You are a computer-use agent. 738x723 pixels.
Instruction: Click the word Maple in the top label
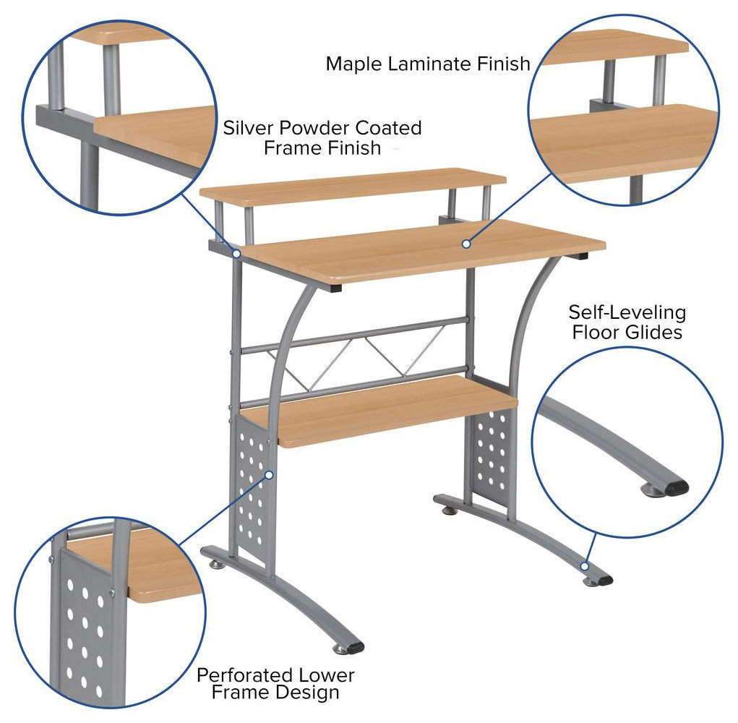pos(354,64)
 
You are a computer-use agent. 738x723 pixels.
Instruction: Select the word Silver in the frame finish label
pos(250,129)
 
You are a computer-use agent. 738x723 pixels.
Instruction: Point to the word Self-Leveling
pos(627,313)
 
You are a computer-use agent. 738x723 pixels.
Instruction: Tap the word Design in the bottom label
pos(310,693)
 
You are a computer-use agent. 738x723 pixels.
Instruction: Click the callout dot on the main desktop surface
pos(466,244)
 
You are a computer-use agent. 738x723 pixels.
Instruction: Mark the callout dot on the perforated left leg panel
pos(270,475)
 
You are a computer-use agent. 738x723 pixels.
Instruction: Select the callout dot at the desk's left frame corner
pos(236,253)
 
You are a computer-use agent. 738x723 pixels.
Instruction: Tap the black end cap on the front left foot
pos(354,646)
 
